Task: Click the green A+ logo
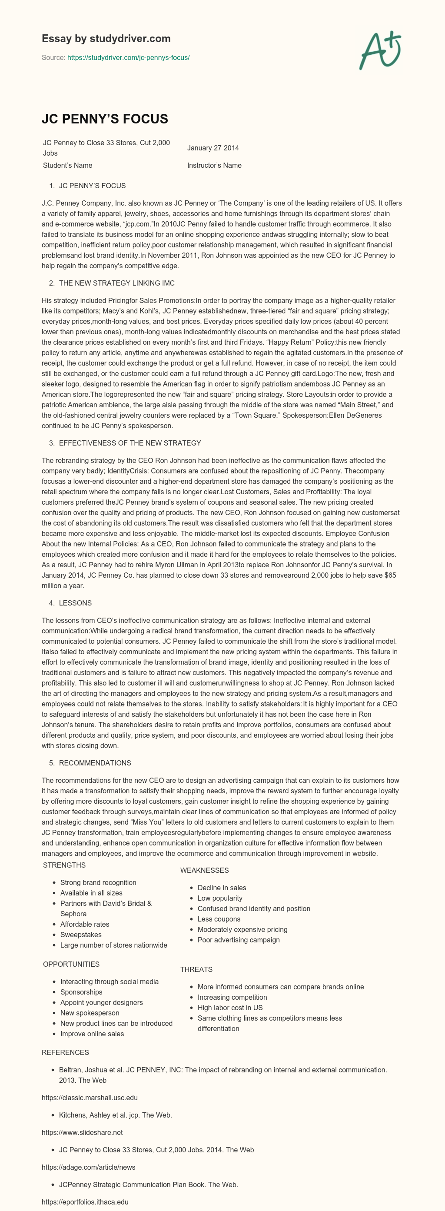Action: pyautogui.click(x=380, y=50)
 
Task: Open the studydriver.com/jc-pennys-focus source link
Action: pyautogui.click(x=128, y=58)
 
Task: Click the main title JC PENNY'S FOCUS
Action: pyautogui.click(x=105, y=119)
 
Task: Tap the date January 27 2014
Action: pyautogui.click(x=213, y=148)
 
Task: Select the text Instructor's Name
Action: pyautogui.click(x=214, y=166)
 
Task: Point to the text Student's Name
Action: pyautogui.click(x=68, y=166)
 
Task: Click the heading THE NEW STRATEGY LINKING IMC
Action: pyautogui.click(x=116, y=283)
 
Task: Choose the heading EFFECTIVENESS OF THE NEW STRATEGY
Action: pyautogui.click(x=130, y=443)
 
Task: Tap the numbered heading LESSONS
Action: pyautogui.click(x=75, y=603)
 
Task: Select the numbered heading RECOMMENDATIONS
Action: pyautogui.click(x=95, y=762)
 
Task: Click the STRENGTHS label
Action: pyautogui.click(x=64, y=865)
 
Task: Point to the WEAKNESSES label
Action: pyautogui.click(x=204, y=870)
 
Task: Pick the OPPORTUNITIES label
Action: pyautogui.click(x=71, y=964)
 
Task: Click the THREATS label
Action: pyautogui.click(x=196, y=969)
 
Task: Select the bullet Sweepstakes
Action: pyautogui.click(x=81, y=935)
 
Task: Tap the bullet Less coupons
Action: pyautogui.click(x=219, y=919)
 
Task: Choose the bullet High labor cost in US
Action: pyautogui.click(x=230, y=1008)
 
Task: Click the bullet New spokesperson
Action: pyautogui.click(x=90, y=1013)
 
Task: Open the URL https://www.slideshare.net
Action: pyautogui.click(x=82, y=1132)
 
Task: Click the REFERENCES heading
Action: pyautogui.click(x=65, y=1053)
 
